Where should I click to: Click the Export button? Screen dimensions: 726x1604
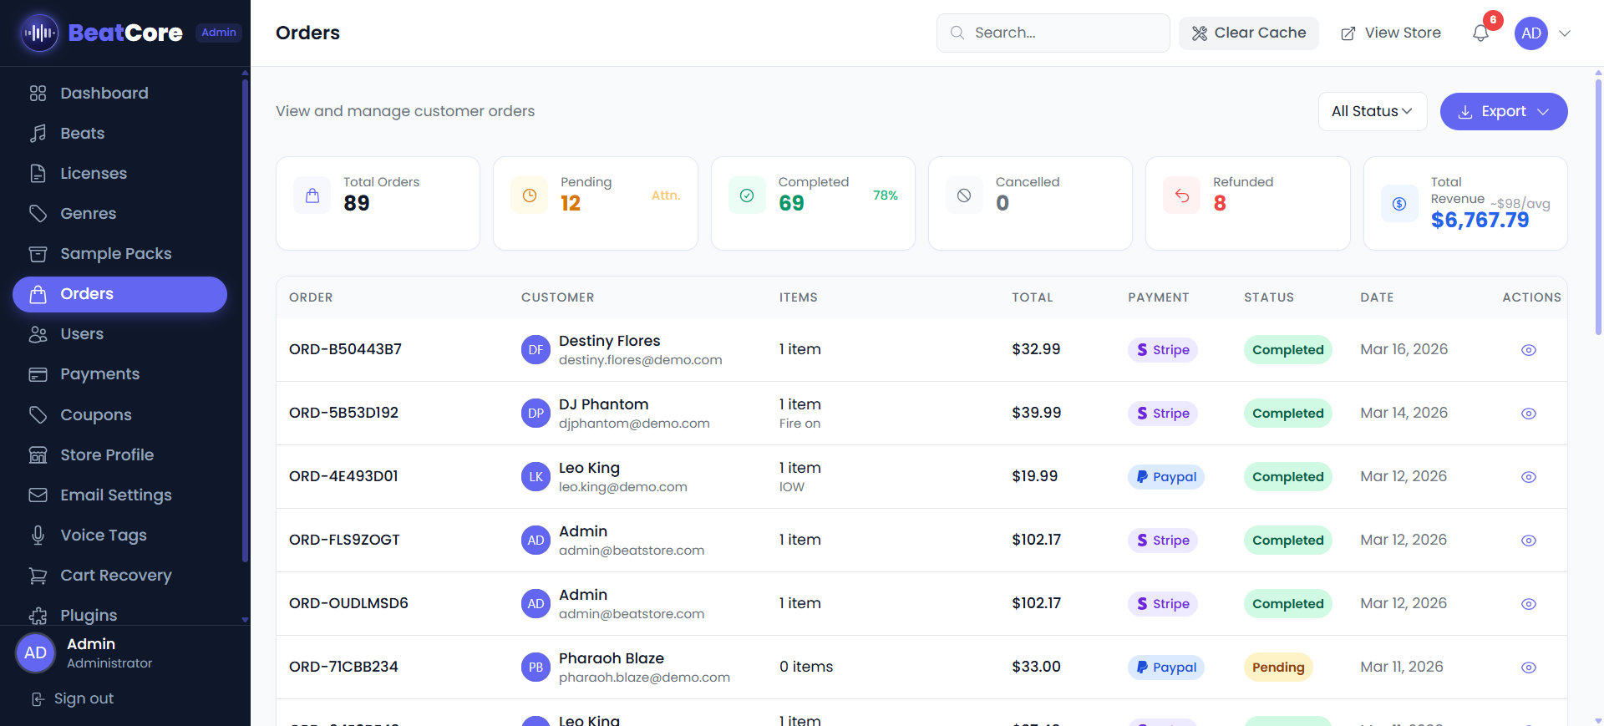click(x=1503, y=111)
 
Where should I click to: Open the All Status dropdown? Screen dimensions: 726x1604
click(x=1372, y=111)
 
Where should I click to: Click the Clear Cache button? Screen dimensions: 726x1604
click(x=1248, y=33)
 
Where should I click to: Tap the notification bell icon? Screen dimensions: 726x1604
click(x=1480, y=33)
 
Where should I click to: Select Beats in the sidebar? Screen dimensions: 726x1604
click(x=82, y=133)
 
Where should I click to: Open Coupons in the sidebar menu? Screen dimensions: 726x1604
click(x=95, y=414)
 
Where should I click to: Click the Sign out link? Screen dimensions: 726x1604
click(x=83, y=698)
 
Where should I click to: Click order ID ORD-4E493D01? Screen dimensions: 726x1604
click(x=343, y=476)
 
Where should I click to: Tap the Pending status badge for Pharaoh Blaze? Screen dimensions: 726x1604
click(x=1277, y=667)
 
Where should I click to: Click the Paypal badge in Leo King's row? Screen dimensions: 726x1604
click(x=1165, y=477)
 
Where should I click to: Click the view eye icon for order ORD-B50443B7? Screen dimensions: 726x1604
click(x=1528, y=350)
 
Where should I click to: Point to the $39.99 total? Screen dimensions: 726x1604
click(x=1036, y=413)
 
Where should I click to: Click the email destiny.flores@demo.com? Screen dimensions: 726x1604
click(x=640, y=360)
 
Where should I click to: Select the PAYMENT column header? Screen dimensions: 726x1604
click(x=1158, y=297)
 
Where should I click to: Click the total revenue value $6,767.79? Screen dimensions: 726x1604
click(x=1480, y=220)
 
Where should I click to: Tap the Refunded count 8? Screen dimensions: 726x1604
click(x=1220, y=203)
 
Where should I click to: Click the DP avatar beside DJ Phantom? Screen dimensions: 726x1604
click(x=536, y=414)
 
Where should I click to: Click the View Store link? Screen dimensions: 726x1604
click(x=1391, y=33)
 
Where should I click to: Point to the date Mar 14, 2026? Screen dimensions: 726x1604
click(x=1403, y=413)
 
